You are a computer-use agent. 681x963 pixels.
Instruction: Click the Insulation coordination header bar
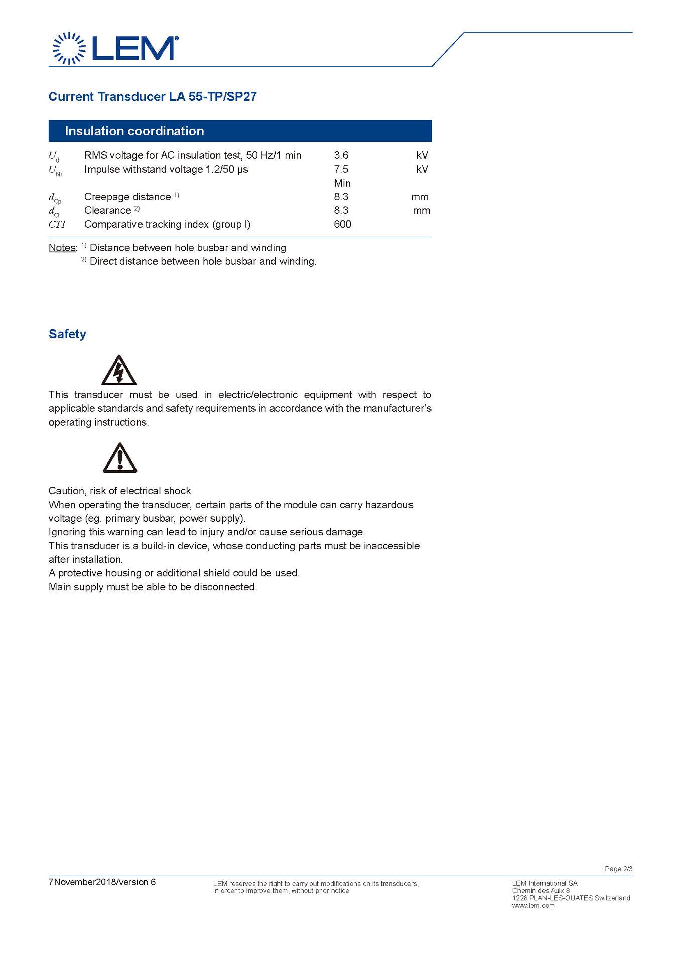coord(240,131)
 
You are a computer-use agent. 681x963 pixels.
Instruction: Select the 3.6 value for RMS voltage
coord(341,155)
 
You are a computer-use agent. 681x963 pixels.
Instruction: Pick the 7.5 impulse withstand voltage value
coord(341,169)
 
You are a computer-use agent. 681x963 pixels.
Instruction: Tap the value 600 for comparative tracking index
coord(342,224)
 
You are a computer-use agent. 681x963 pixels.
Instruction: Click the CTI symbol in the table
coord(57,224)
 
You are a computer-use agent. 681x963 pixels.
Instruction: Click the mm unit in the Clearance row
coord(421,210)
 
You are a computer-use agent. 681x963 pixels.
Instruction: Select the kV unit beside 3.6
coord(422,155)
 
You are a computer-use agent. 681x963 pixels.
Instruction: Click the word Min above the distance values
coord(342,183)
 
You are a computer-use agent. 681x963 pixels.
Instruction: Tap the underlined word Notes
coord(62,248)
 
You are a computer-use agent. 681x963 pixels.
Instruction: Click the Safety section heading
coord(67,334)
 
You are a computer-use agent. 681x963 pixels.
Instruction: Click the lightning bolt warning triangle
coord(119,371)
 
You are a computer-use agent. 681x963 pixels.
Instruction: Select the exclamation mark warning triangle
coord(120,458)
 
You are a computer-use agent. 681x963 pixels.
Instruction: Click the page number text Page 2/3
coord(618,869)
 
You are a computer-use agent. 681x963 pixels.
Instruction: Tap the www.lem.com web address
coord(533,905)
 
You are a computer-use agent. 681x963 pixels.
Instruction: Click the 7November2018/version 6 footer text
coord(102,882)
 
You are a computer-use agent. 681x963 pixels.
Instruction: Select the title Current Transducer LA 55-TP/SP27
coord(153,97)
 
